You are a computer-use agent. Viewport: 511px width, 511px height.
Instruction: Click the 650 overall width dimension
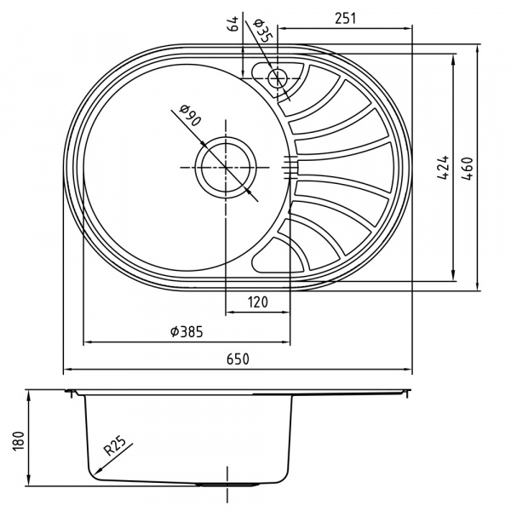[x=238, y=359]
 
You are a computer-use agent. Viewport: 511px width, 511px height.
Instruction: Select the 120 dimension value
[x=258, y=301]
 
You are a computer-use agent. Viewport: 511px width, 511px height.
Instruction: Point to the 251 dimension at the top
[x=345, y=16]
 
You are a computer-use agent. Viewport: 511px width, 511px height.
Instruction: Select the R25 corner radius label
[x=115, y=444]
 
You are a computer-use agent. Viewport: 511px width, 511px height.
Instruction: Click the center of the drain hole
[x=226, y=167]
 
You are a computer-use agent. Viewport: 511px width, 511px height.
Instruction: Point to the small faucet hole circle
[x=278, y=79]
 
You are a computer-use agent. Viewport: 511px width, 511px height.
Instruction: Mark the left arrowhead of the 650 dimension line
[x=66, y=370]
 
